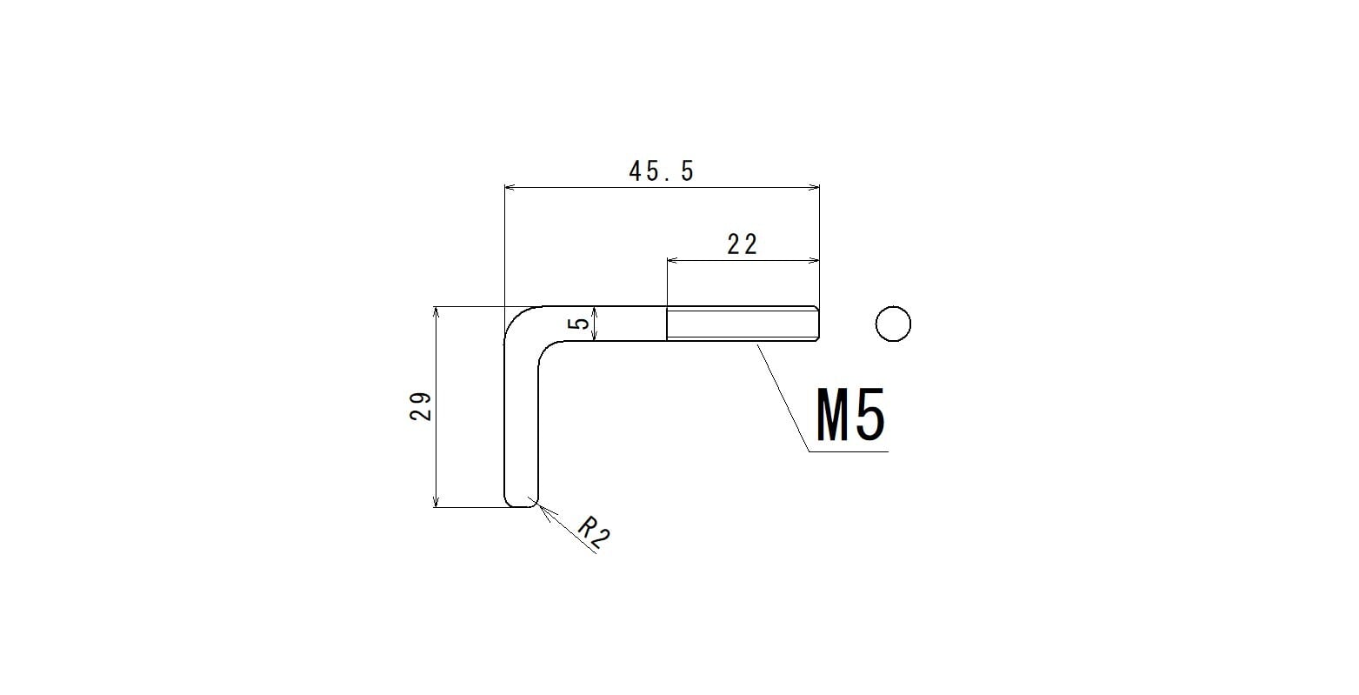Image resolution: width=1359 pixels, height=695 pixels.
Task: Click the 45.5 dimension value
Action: click(661, 171)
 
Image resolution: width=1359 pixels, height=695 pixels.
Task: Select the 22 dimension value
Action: click(743, 244)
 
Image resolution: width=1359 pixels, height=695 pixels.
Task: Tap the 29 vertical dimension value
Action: click(421, 407)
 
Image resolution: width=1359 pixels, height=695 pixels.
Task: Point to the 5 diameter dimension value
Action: click(581, 323)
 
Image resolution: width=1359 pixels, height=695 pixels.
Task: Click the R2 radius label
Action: click(593, 532)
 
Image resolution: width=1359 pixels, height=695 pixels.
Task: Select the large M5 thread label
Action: click(850, 415)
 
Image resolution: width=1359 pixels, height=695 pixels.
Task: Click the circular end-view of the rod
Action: click(893, 324)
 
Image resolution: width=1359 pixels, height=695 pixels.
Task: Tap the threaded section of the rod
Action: click(743, 324)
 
